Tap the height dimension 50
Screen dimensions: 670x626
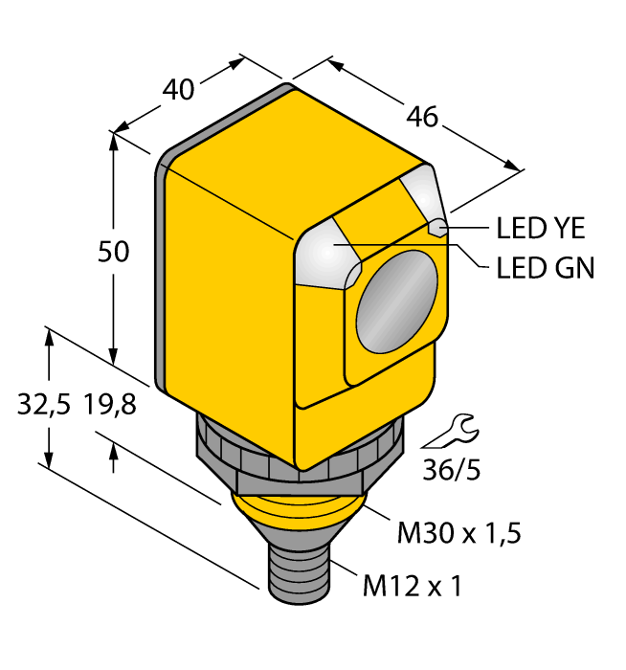tap(115, 252)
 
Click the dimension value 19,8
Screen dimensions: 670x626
tap(110, 405)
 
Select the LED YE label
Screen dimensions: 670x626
tap(541, 229)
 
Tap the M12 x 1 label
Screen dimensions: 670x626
tap(412, 584)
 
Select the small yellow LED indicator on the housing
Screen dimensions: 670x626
tap(437, 228)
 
